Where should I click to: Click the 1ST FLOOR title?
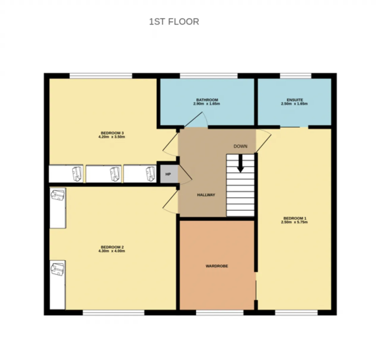(174, 22)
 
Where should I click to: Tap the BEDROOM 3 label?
(112, 133)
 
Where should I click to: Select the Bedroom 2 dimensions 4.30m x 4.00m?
(112, 251)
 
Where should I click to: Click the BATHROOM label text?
(207, 100)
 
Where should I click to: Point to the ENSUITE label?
(295, 100)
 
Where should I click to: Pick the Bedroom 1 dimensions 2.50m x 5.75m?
(294, 222)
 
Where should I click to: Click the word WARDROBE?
(217, 266)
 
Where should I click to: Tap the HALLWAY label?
(206, 195)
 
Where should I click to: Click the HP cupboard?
(168, 174)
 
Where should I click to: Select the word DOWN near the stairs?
(241, 146)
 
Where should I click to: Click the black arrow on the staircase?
(241, 163)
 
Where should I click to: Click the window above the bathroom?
(209, 76)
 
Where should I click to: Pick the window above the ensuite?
(296, 76)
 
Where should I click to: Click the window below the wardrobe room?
(220, 313)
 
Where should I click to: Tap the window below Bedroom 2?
(113, 313)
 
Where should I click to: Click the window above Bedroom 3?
(101, 76)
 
